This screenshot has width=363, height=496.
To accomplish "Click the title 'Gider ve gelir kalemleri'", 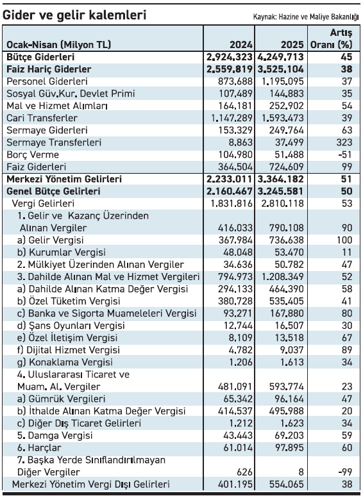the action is point(74,15).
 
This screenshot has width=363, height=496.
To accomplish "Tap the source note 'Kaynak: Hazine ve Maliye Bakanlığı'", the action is point(306,17).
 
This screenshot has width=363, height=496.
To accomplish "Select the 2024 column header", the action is point(241,45).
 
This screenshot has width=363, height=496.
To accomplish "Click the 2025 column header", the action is point(292,45).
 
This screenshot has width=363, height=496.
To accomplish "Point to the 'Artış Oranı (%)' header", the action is point(331,38).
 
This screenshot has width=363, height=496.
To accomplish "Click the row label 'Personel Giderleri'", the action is point(47,81).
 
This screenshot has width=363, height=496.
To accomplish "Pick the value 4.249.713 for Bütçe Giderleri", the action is point(281,57).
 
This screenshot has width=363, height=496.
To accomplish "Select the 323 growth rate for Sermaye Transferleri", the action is point(344,142).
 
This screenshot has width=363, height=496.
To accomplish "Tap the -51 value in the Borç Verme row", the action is point(345,154).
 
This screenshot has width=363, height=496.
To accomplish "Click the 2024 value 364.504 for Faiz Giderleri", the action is point(235,167).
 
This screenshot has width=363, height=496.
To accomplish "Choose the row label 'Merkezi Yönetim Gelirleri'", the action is point(64,179).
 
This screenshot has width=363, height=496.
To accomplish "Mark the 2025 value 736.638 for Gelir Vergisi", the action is point(287,240).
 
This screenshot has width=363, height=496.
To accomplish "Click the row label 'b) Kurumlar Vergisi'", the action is point(62,252).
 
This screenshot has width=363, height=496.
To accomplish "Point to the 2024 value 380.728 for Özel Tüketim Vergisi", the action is point(235,301).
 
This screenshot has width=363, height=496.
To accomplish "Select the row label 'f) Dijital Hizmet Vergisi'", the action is point(69,350).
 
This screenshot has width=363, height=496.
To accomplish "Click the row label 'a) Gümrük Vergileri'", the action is point(61,399).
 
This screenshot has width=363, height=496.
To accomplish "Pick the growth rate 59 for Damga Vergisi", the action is point(347,436).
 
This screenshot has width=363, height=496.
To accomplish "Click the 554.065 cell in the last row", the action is point(287,484).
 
